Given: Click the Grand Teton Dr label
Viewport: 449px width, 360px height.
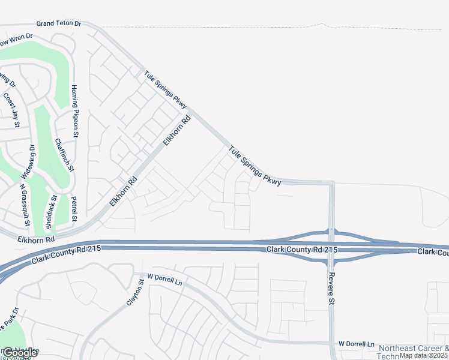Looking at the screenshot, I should pyautogui.click(x=58, y=23).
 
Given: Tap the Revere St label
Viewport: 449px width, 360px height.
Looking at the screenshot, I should pyautogui.click(x=330, y=289).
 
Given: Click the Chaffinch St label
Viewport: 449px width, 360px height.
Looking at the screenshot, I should pyautogui.click(x=64, y=155).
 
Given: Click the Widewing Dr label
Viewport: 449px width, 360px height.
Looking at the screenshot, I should pyautogui.click(x=29, y=161).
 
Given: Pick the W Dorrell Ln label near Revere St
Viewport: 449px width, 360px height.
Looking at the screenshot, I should pyautogui.click(x=356, y=344).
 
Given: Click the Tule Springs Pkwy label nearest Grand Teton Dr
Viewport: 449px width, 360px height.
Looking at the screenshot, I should pyautogui.click(x=166, y=90).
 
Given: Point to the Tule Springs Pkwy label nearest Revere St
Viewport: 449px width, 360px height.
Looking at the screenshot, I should pyautogui.click(x=254, y=164).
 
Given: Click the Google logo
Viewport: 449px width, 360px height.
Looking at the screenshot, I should pyautogui.click(x=20, y=352).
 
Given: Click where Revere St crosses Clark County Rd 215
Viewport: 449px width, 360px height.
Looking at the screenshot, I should pyautogui.click(x=331, y=246).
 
